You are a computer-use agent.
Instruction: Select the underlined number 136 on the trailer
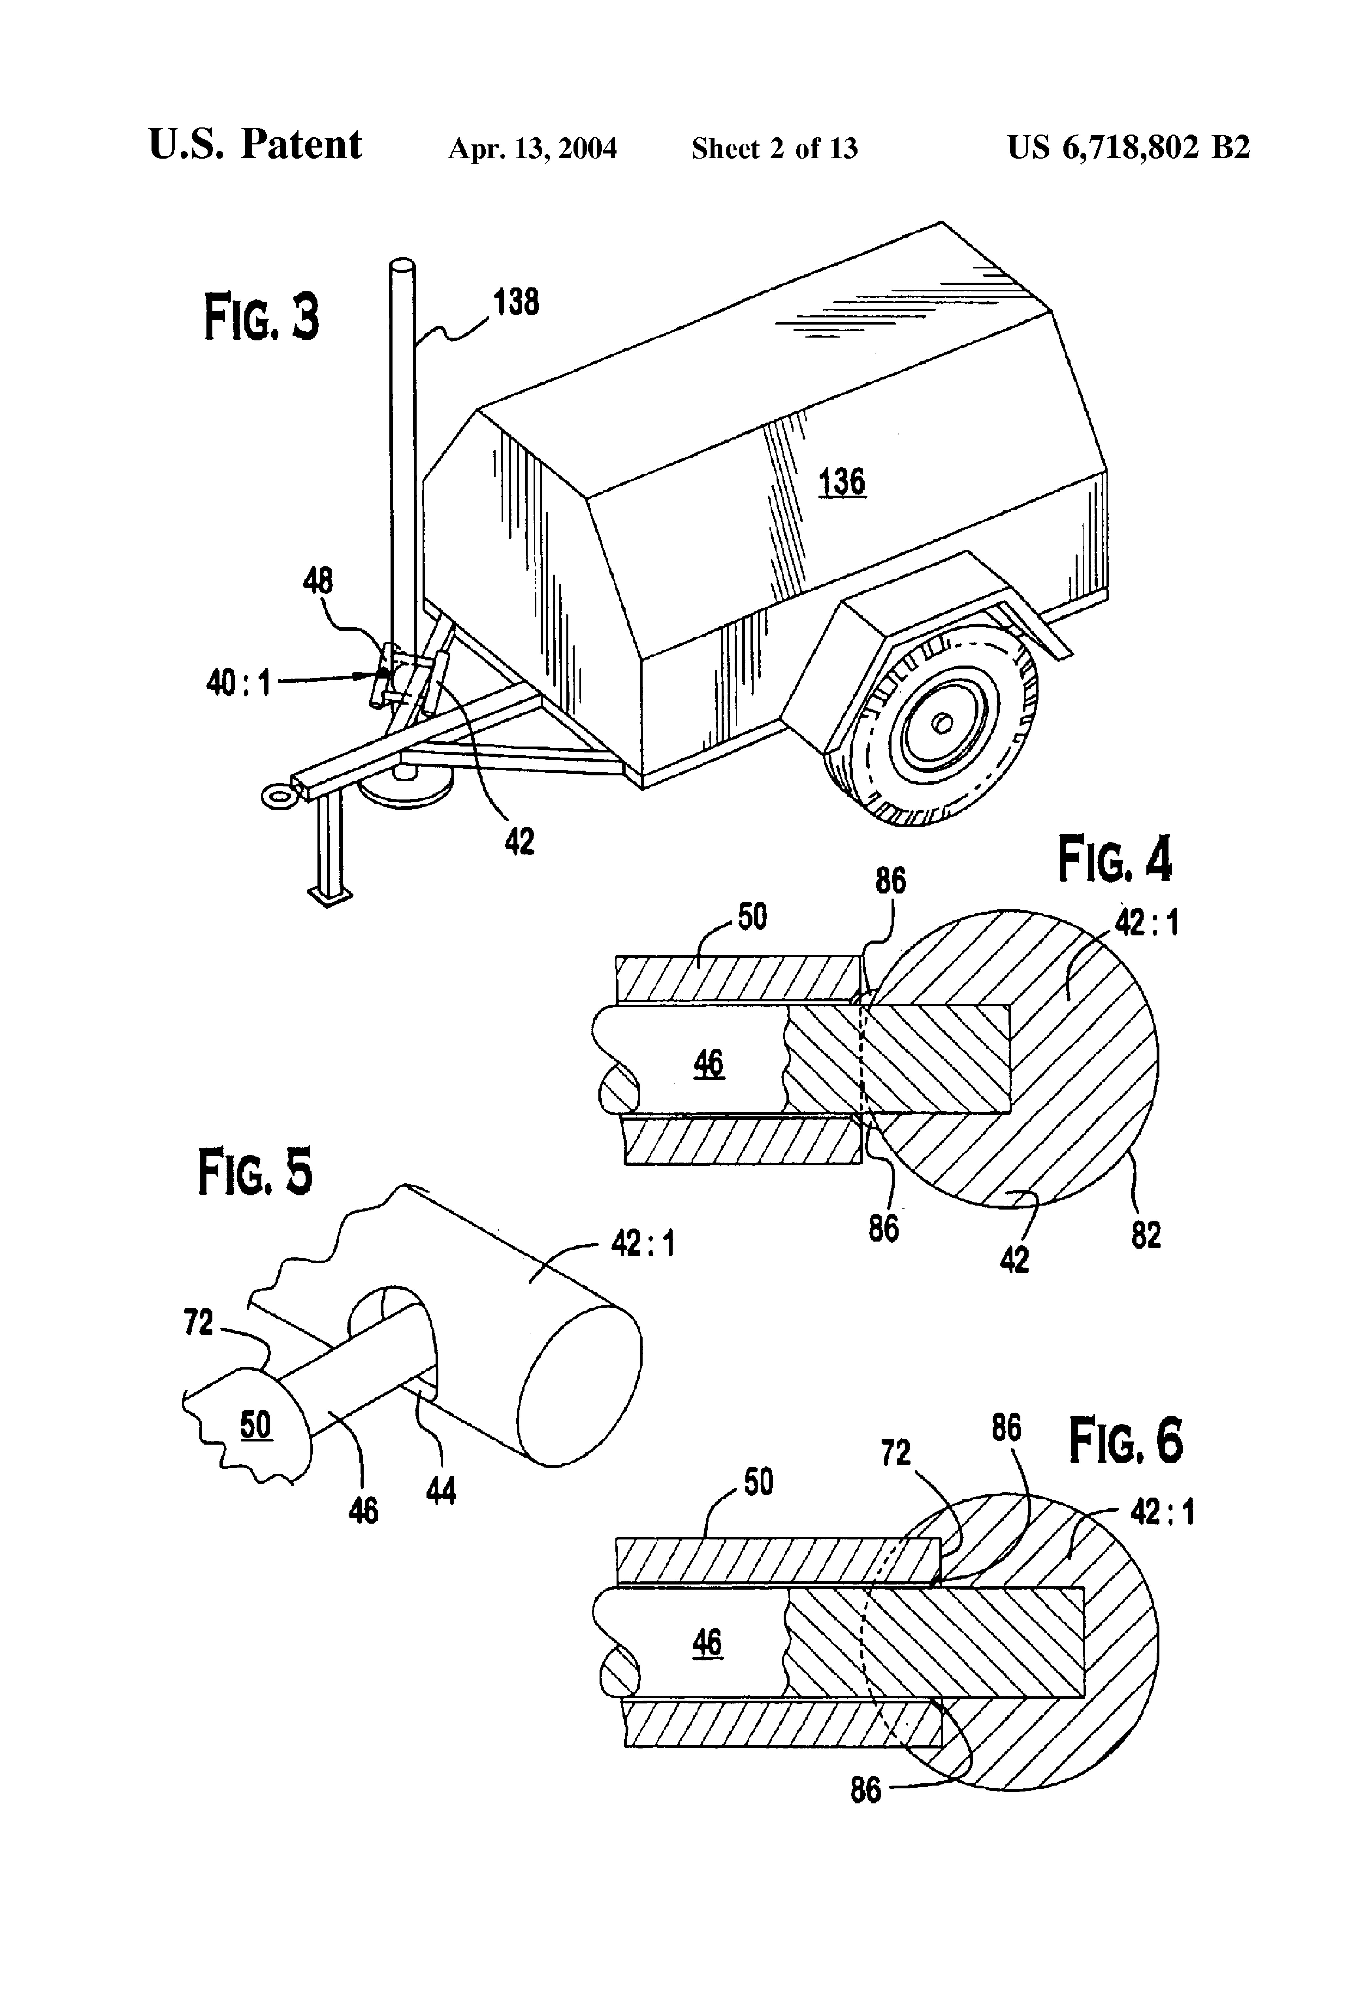(x=842, y=482)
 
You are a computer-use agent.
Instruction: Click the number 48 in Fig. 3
(x=317, y=581)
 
